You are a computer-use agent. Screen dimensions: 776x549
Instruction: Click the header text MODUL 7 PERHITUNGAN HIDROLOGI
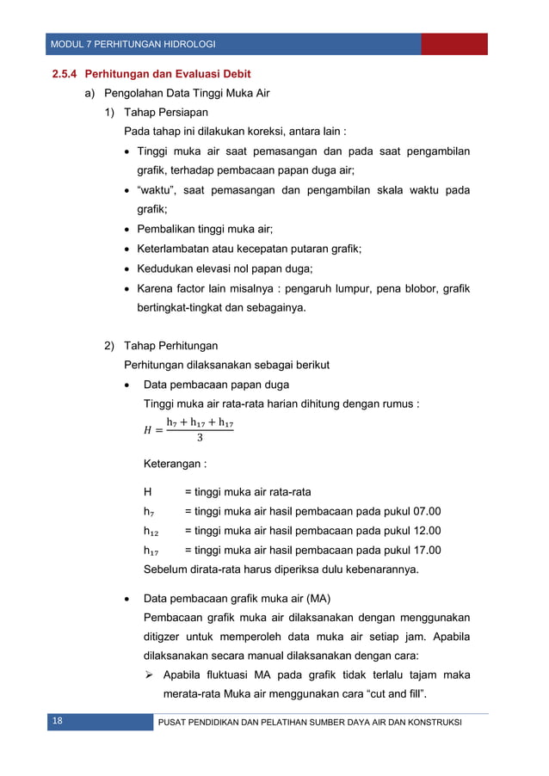[x=133, y=44]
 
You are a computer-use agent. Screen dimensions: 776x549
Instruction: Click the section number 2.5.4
[x=65, y=74]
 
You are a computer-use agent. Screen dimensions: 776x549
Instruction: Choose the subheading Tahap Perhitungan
[x=168, y=346]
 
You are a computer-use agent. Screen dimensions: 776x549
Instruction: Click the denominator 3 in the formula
[x=200, y=439]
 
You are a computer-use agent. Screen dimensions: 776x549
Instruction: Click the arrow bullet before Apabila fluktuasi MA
[x=149, y=675]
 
